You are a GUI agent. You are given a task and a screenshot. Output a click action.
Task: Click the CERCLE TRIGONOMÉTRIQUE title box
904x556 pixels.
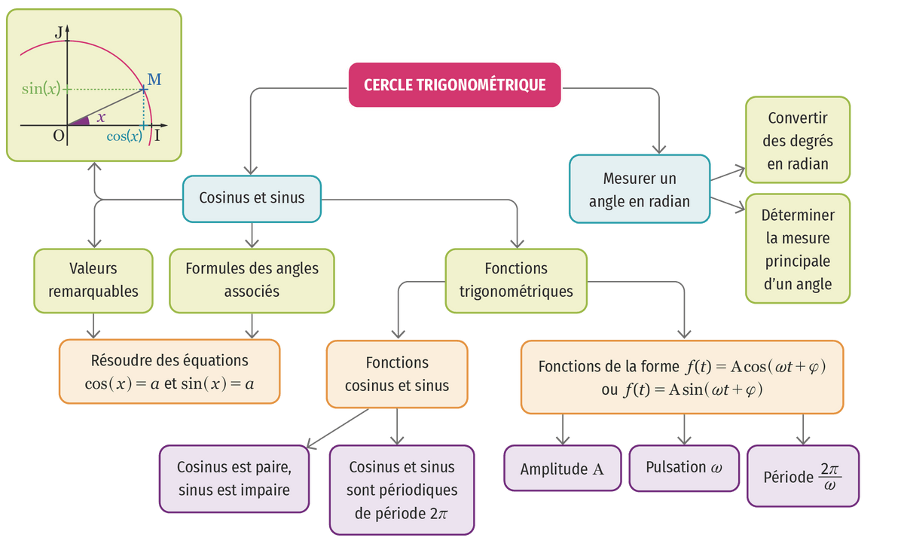click(x=454, y=84)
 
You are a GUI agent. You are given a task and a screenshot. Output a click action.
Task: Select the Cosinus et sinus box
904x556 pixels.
click(x=252, y=197)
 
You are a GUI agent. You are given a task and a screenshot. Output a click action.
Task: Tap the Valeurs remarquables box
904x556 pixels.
click(x=93, y=280)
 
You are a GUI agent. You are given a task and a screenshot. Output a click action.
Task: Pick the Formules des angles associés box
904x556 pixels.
click(x=252, y=280)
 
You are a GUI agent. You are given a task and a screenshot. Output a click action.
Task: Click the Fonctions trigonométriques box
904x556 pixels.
click(x=516, y=280)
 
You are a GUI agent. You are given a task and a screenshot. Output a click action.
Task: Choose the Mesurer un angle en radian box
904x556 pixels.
click(x=640, y=190)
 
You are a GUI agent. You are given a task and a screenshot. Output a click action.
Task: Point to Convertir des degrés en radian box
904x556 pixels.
click(x=798, y=141)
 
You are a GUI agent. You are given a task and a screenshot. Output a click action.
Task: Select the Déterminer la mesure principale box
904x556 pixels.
click(x=798, y=249)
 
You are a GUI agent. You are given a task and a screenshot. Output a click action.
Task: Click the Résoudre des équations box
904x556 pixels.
click(x=169, y=372)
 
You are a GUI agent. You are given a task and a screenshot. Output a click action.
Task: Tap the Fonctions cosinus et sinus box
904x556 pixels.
click(x=397, y=374)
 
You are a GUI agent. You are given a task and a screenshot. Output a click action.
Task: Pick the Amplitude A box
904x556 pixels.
click(x=562, y=469)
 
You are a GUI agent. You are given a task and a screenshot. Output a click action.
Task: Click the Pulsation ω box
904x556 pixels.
click(x=683, y=467)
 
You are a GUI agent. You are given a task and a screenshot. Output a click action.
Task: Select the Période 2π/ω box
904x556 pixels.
click(x=802, y=475)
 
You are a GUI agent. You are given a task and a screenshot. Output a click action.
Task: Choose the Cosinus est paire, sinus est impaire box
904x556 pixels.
click(x=234, y=478)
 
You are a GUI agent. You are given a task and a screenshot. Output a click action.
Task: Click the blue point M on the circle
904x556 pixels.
click(x=144, y=89)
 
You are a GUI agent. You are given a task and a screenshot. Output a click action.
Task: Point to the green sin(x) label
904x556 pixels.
click(x=41, y=89)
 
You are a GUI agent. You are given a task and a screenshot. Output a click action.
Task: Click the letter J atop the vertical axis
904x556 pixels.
click(x=58, y=32)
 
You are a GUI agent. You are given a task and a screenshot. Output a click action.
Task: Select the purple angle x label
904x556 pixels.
click(x=101, y=118)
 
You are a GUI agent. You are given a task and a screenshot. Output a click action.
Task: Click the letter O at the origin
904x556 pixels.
click(x=58, y=136)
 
